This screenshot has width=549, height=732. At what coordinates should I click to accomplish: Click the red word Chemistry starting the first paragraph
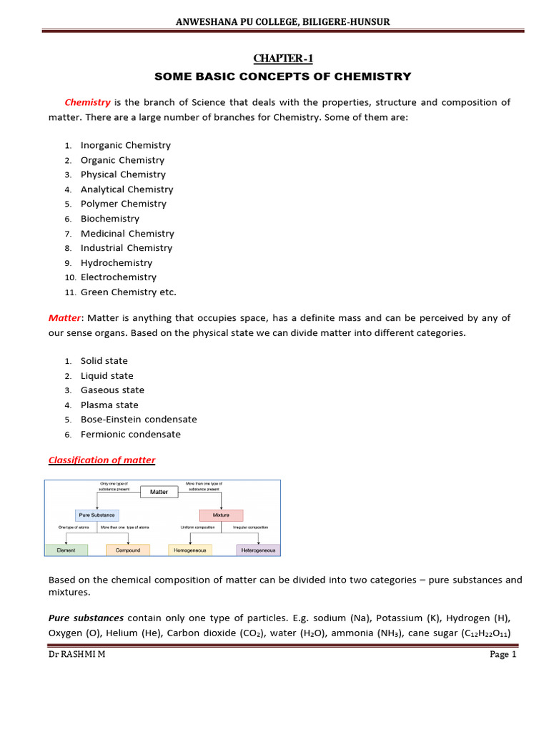(x=87, y=102)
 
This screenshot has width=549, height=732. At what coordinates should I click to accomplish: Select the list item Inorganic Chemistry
(x=125, y=145)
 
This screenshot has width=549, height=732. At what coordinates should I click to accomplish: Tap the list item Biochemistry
(x=109, y=219)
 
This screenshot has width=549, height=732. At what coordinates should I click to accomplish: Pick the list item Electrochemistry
(x=118, y=277)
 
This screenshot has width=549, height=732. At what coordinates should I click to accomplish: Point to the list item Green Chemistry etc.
(x=128, y=292)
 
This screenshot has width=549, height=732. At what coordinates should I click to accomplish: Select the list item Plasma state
(x=109, y=405)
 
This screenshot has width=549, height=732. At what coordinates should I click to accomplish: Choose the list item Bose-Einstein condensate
(x=138, y=420)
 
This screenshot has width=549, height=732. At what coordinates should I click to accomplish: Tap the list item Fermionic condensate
(x=130, y=434)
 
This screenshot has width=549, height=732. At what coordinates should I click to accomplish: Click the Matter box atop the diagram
(x=159, y=492)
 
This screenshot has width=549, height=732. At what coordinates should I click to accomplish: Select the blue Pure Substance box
(x=97, y=515)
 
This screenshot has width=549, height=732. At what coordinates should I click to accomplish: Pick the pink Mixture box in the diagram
(x=221, y=515)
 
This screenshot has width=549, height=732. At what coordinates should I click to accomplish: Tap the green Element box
(x=66, y=550)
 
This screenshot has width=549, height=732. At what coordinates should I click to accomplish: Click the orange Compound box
(x=128, y=550)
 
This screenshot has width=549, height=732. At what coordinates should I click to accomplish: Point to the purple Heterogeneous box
(x=258, y=550)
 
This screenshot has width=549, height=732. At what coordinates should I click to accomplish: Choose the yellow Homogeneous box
(x=190, y=550)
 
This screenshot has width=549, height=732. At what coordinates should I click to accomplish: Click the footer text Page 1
(x=503, y=654)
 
